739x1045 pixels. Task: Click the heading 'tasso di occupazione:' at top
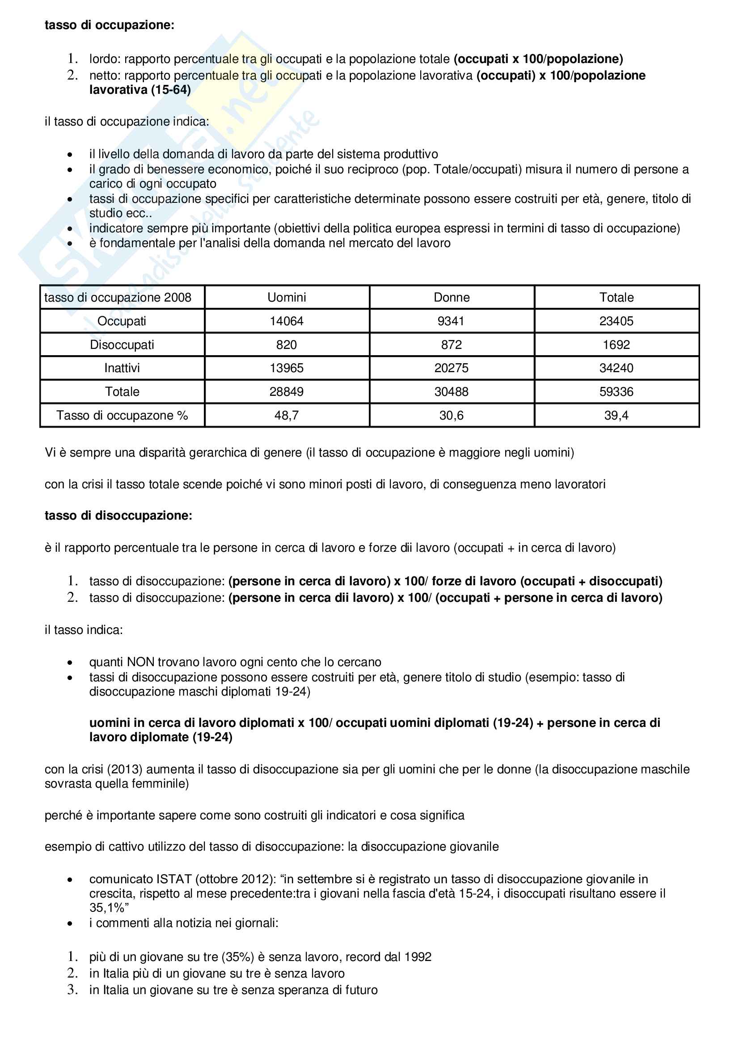coord(109,25)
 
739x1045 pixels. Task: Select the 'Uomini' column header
coord(287,297)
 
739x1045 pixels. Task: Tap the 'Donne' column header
coord(451,297)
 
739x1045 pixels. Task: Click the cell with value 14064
coord(287,321)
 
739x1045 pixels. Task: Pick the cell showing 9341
coord(451,321)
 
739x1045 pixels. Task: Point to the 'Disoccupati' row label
coord(122,344)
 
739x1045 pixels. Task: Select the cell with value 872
coord(451,344)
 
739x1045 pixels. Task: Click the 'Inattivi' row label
coord(122,368)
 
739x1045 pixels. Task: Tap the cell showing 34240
coord(616,368)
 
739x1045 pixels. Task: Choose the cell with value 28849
coord(287,391)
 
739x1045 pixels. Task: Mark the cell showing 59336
coord(616,391)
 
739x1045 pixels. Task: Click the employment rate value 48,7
coord(287,415)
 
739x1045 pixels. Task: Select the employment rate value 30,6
coord(451,415)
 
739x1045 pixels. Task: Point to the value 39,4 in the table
coord(616,415)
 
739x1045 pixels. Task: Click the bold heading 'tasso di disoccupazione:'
coord(118,516)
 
